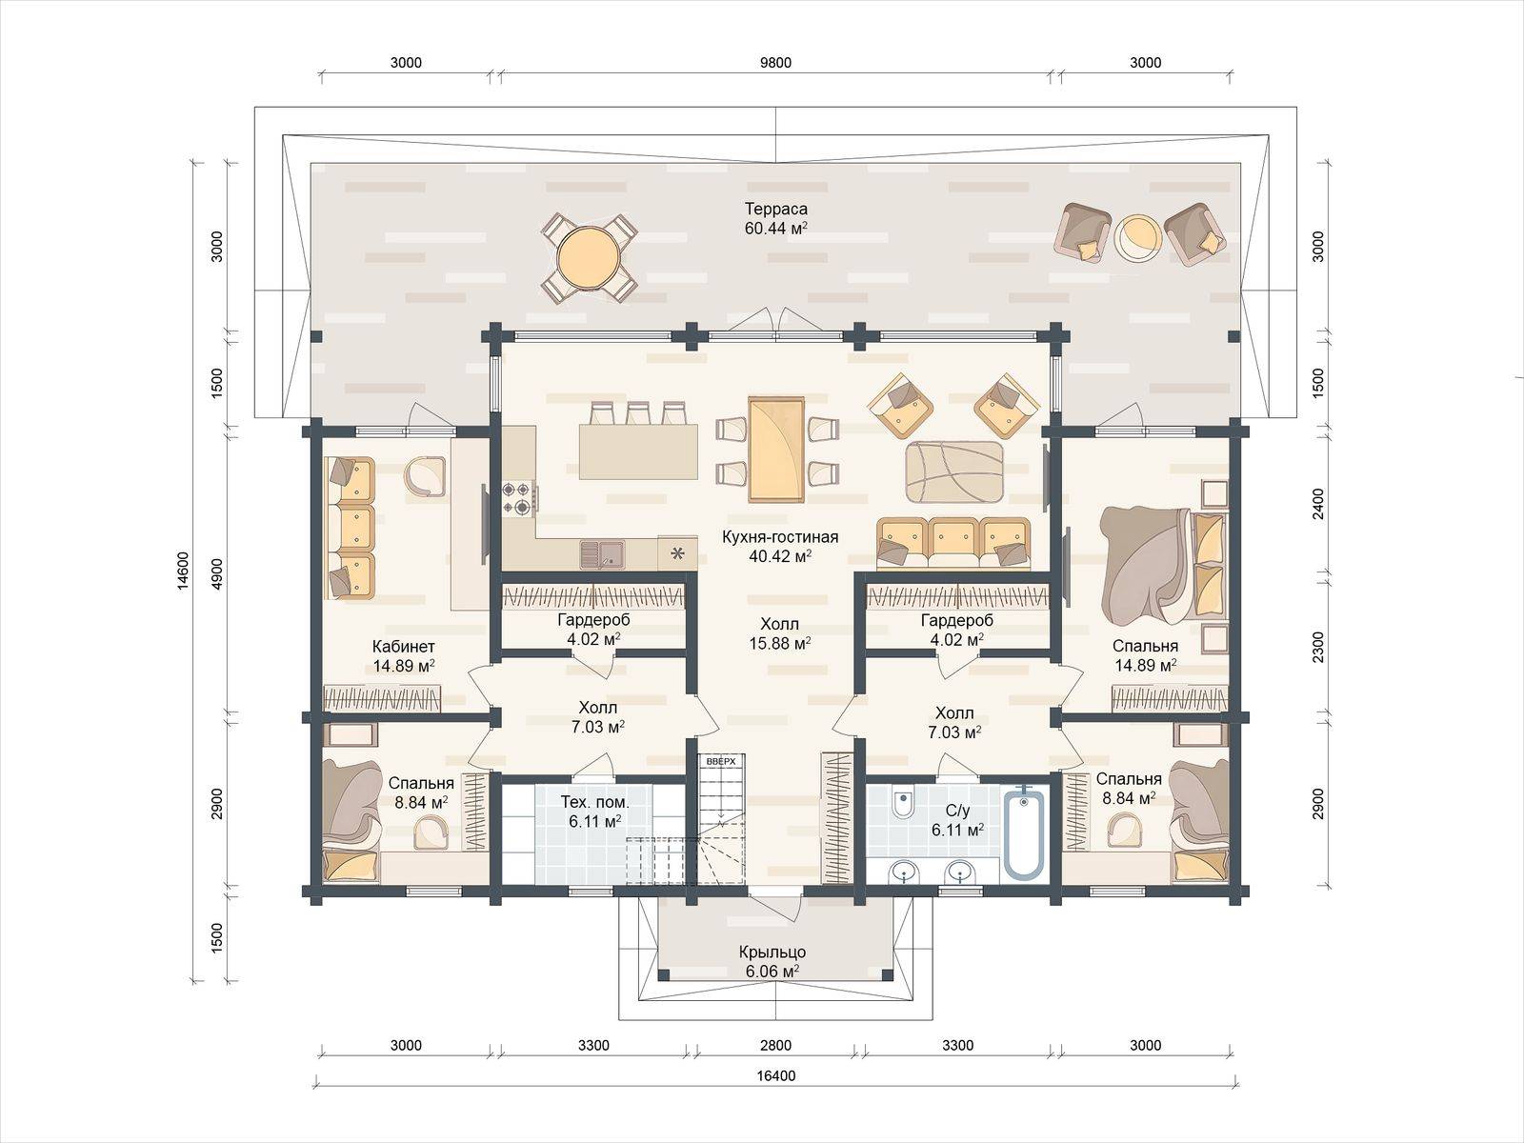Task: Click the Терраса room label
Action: (x=775, y=209)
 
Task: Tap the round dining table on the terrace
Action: (x=589, y=257)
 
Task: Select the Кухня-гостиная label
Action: (x=780, y=536)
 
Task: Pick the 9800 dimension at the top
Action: (x=775, y=63)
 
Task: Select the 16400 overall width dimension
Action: (x=775, y=1075)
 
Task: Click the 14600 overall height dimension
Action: (x=183, y=571)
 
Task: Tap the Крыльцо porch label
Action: (x=772, y=952)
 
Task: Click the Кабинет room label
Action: (x=404, y=646)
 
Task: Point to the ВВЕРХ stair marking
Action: (x=720, y=761)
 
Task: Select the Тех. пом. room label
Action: (x=595, y=802)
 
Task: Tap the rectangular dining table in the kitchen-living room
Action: (x=776, y=449)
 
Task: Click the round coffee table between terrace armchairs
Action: (x=1137, y=237)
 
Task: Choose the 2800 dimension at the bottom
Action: (x=775, y=1045)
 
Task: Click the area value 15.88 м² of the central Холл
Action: (x=780, y=643)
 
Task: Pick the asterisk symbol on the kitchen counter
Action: (x=677, y=553)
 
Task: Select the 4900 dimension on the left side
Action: (x=217, y=573)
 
